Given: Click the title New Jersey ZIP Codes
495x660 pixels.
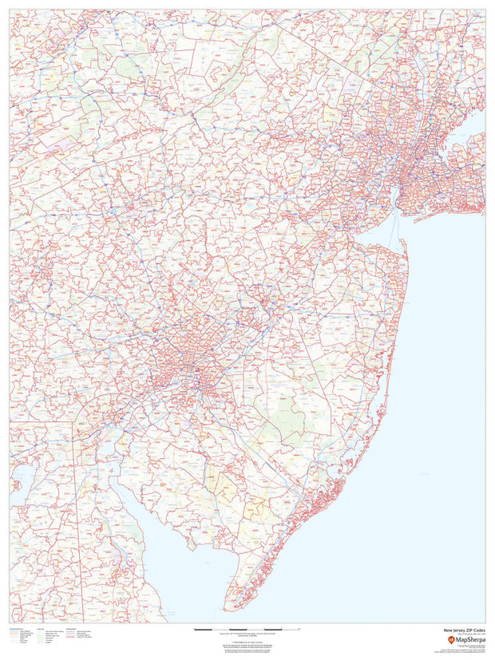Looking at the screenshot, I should point(462,630).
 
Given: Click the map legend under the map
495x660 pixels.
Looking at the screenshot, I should point(48,637).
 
